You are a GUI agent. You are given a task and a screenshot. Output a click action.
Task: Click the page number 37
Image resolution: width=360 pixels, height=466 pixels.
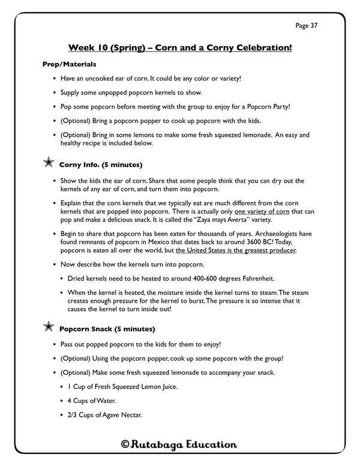[x=323, y=26]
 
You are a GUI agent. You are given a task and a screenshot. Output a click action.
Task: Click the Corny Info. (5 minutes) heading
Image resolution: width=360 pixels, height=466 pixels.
[x=100, y=164]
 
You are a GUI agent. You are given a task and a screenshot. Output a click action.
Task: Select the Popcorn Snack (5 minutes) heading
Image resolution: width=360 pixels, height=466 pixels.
[x=107, y=329]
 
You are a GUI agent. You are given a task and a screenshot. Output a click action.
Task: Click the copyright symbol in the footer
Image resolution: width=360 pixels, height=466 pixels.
[x=125, y=445]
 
